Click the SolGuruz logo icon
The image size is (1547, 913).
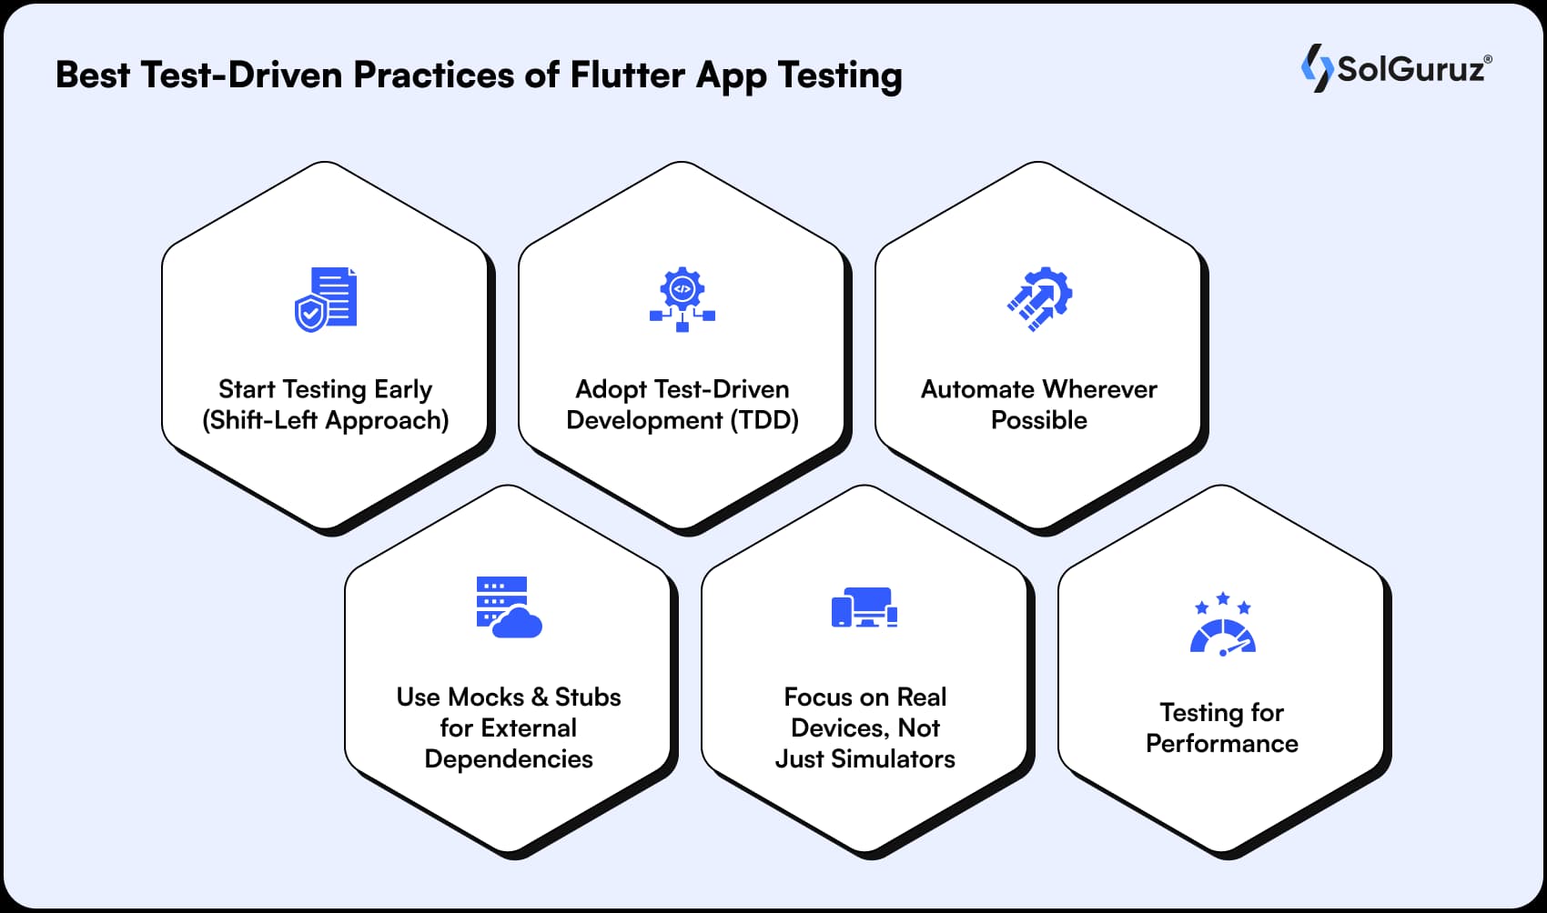1316,68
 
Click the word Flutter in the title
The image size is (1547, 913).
627,75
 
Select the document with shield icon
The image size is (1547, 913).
326,299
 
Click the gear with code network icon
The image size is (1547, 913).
682,299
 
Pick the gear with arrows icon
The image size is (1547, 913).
1039,299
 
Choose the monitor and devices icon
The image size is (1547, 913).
864,607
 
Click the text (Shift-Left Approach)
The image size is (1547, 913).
326,420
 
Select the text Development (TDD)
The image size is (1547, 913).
682,420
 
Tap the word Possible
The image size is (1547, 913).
1039,420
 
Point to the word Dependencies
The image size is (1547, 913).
509,758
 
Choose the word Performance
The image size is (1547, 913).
1222,743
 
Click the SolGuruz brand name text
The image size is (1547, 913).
1410,69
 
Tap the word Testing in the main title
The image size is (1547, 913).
840,75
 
